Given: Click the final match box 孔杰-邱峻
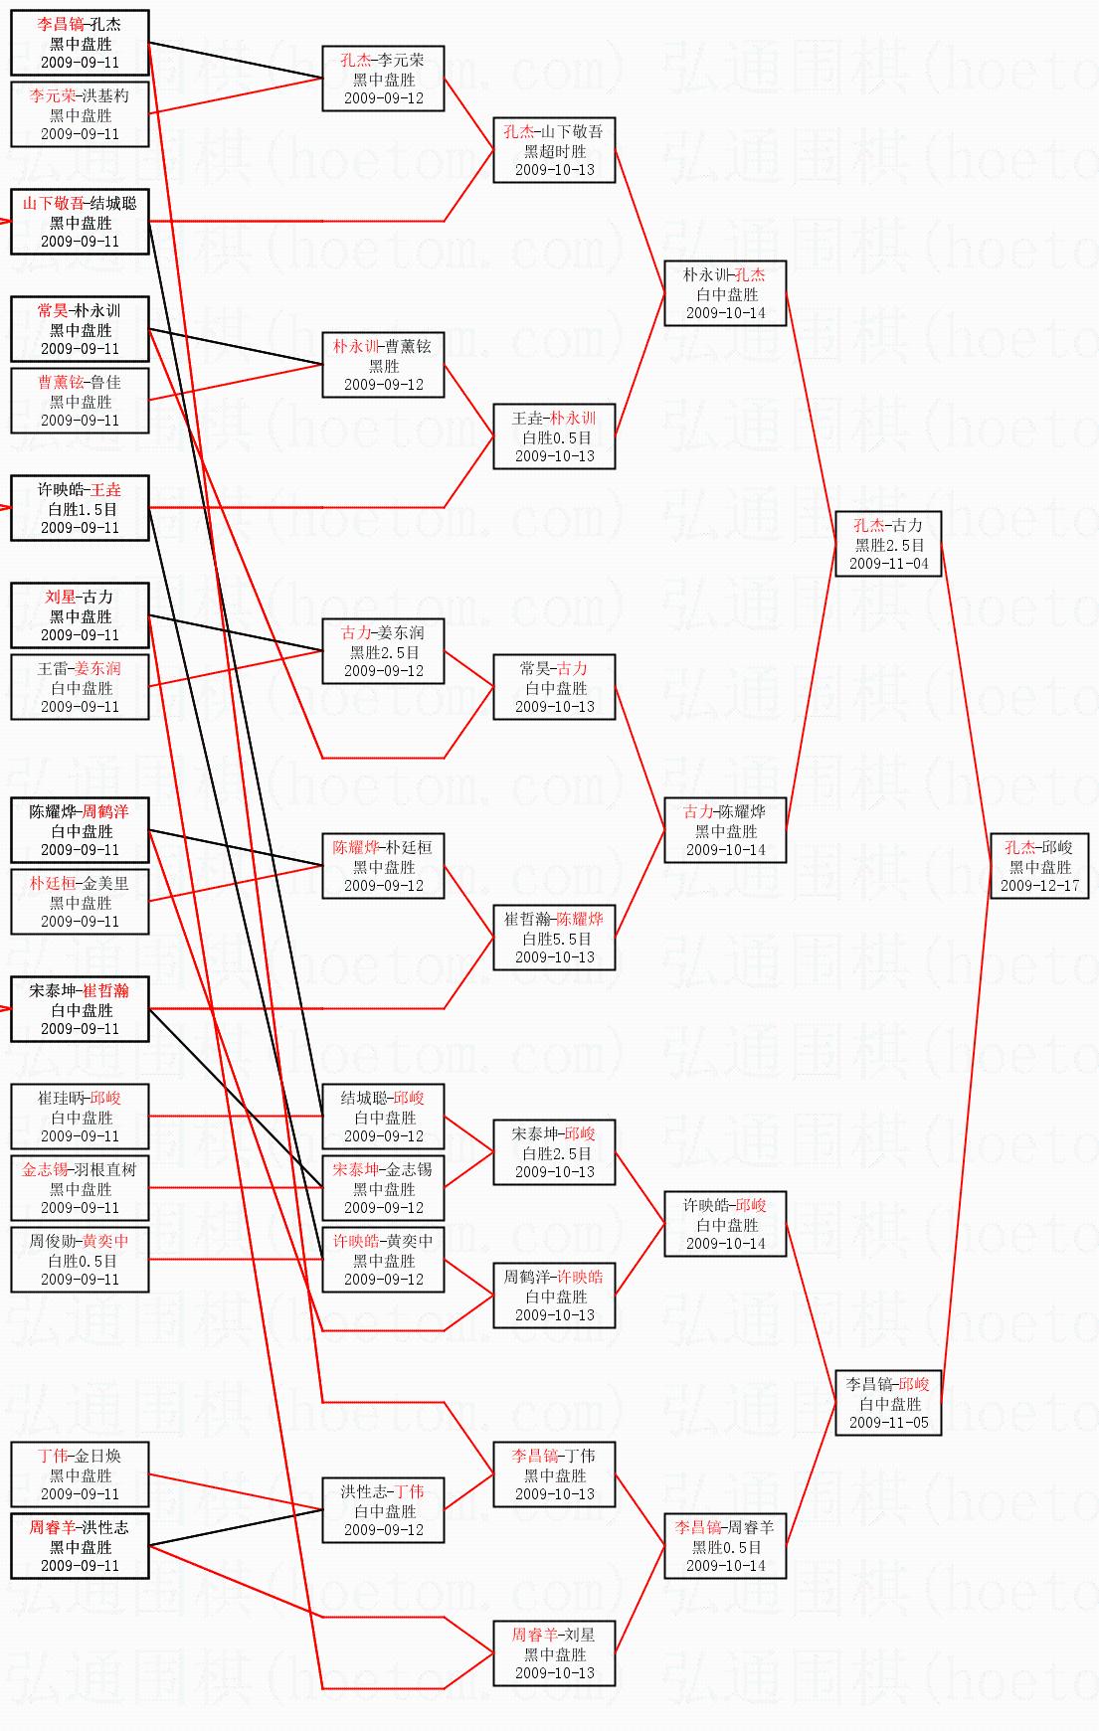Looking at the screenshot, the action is pyautogui.click(x=1039, y=866).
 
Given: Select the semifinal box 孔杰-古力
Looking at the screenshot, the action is pyautogui.click(x=888, y=544).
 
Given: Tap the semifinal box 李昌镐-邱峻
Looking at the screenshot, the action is pyautogui.click(x=888, y=1403).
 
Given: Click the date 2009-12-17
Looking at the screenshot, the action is pyautogui.click(x=1039, y=885).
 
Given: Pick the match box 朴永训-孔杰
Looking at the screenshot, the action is pyautogui.click(x=725, y=293).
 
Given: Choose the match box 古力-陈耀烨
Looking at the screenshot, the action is pyautogui.click(x=725, y=830).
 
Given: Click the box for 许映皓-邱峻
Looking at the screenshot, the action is pyautogui.click(x=725, y=1224).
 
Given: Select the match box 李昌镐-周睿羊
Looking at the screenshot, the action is pyautogui.click(x=725, y=1546).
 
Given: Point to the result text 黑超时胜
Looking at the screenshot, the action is pyautogui.click(x=554, y=151).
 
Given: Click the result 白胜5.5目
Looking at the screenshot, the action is pyautogui.click(x=554, y=939).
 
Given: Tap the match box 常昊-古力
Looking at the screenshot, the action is pyautogui.click(x=554, y=687).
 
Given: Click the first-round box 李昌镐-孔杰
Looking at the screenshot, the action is pyautogui.click(x=80, y=43).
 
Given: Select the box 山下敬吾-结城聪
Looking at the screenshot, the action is pyautogui.click(x=80, y=222).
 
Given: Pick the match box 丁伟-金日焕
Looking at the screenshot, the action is pyautogui.click(x=80, y=1474).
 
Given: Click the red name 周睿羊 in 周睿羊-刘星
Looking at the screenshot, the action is pyautogui.click(x=534, y=1635).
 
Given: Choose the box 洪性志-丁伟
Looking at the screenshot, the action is pyautogui.click(x=383, y=1510).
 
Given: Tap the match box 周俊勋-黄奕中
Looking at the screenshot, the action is pyautogui.click(x=80, y=1260).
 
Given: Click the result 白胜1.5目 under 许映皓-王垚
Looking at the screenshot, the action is pyautogui.click(x=80, y=509).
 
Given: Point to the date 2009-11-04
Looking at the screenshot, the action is pyautogui.click(x=888, y=563).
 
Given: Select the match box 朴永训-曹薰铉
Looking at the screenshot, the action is pyautogui.click(x=383, y=365).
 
